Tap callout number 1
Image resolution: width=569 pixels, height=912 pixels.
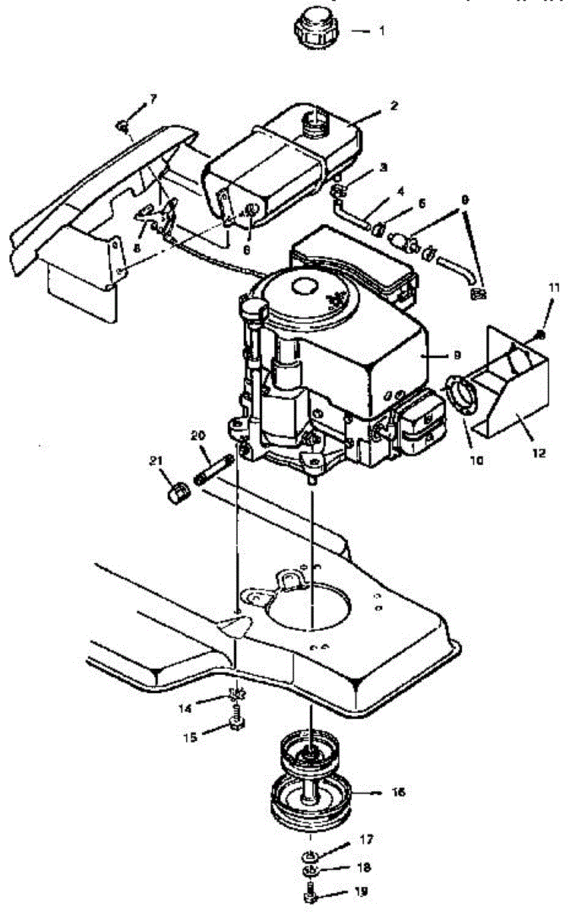click(x=383, y=32)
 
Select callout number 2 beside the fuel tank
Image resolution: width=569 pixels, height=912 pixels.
click(x=394, y=106)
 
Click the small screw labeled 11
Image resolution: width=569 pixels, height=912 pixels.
click(x=539, y=334)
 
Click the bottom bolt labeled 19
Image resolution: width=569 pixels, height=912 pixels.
click(x=310, y=895)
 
